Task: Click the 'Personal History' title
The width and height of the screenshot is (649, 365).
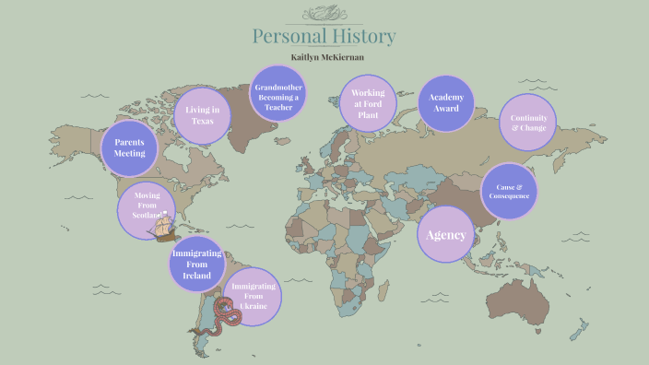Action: pyautogui.click(x=324, y=37)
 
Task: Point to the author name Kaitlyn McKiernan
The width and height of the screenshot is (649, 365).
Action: pyautogui.click(x=324, y=57)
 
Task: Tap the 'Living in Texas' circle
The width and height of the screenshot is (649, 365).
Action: pyautogui.click(x=202, y=116)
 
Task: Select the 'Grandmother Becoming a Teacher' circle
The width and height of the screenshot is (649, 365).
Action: pyautogui.click(x=278, y=97)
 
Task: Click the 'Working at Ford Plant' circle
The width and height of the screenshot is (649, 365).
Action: pyautogui.click(x=368, y=103)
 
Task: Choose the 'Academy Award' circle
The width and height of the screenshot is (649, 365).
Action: pyautogui.click(x=445, y=103)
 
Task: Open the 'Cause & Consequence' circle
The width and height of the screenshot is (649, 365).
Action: pyautogui.click(x=508, y=192)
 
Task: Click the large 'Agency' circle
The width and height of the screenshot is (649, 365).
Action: pyautogui.click(x=446, y=234)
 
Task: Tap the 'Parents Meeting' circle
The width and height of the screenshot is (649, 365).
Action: pyautogui.click(x=130, y=147)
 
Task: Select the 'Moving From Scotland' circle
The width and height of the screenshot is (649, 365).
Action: pyautogui.click(x=146, y=205)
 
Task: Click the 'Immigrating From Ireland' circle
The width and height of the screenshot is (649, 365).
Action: pyautogui.click(x=197, y=264)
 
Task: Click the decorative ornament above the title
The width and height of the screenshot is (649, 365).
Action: pyautogui.click(x=324, y=13)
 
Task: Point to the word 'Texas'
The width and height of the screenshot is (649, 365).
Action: pyautogui.click(x=202, y=123)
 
